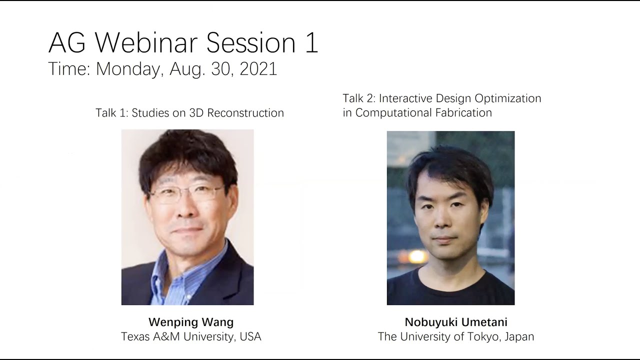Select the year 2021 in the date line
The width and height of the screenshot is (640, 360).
pyautogui.click(x=258, y=69)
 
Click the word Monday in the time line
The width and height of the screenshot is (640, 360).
pyautogui.click(x=129, y=69)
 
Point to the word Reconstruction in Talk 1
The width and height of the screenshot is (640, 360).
pyautogui.click(x=245, y=113)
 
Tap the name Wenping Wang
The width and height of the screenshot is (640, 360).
pyautogui.click(x=191, y=322)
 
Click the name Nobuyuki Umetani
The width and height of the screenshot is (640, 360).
pyautogui.click(x=456, y=322)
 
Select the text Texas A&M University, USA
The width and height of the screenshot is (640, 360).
pyautogui.click(x=191, y=336)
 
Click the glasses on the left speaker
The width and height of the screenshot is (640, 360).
pyautogui.click(x=187, y=194)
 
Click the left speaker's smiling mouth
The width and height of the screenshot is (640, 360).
pyautogui.click(x=188, y=230)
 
